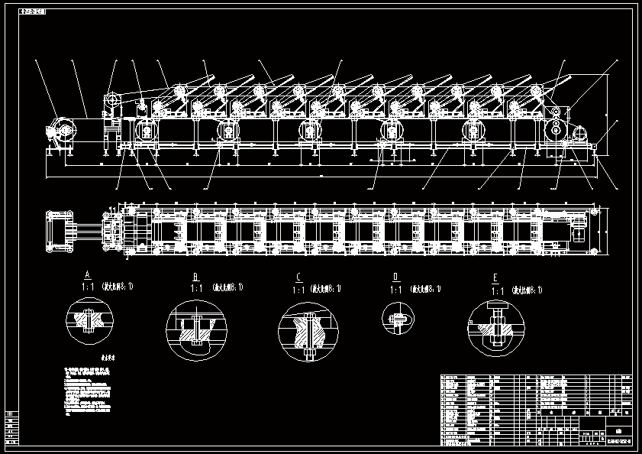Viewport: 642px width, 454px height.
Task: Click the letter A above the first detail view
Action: tap(88, 274)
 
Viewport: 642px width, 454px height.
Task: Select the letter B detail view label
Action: tap(195, 277)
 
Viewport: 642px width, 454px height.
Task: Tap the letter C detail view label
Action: tap(298, 277)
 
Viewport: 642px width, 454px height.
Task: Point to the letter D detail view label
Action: tap(395, 277)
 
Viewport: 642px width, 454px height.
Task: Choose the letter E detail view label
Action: tap(496, 279)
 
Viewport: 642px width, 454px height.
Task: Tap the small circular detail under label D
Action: tap(399, 317)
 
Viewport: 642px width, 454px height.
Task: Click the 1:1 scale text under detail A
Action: tap(87, 286)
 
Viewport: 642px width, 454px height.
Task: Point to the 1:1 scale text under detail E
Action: tap(497, 291)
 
